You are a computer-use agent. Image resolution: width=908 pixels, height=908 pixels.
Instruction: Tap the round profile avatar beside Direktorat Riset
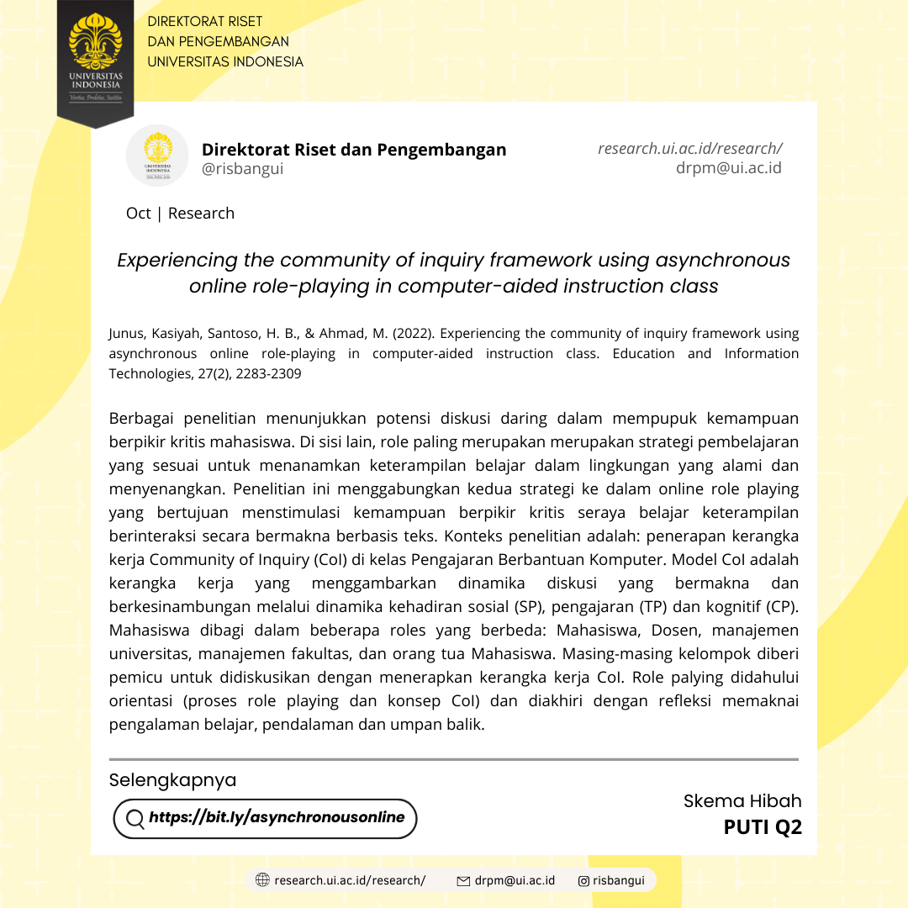pyautogui.click(x=157, y=156)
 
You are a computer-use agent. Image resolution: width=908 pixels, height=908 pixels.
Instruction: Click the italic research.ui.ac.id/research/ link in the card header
pyautogui.click(x=690, y=148)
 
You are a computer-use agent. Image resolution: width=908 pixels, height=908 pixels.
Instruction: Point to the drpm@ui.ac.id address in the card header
pyautogui.click(x=728, y=167)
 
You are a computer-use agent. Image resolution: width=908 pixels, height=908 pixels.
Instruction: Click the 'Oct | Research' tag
pyautogui.click(x=180, y=214)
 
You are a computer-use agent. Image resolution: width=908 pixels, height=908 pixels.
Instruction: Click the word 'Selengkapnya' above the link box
pyautogui.click(x=172, y=780)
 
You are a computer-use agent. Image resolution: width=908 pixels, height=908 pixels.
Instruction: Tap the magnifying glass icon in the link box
pyautogui.click(x=135, y=819)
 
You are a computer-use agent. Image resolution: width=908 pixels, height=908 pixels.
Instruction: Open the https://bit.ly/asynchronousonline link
pyautogui.click(x=277, y=817)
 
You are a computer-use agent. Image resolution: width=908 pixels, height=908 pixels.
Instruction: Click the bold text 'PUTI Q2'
pyautogui.click(x=763, y=828)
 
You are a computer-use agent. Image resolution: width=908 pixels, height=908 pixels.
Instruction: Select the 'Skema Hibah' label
pyautogui.click(x=742, y=801)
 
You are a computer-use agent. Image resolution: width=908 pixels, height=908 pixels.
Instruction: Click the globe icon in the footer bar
pyautogui.click(x=262, y=880)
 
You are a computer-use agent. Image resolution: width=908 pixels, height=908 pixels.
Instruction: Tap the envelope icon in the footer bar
pyautogui.click(x=462, y=881)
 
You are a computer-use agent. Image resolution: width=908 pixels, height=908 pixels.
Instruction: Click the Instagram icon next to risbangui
pyautogui.click(x=583, y=881)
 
